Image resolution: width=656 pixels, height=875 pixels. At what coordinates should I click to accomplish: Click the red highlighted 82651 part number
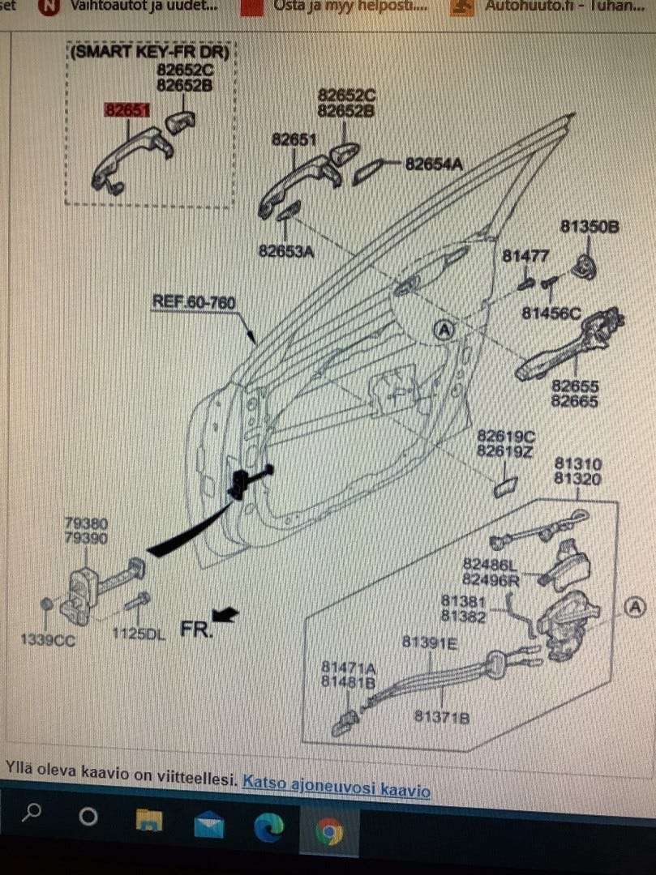tap(125, 109)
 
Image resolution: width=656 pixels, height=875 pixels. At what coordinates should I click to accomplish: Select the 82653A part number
tap(285, 251)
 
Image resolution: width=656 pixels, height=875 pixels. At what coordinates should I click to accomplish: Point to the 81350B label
tap(590, 227)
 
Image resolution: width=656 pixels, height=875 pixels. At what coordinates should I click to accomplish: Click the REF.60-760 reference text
tap(194, 303)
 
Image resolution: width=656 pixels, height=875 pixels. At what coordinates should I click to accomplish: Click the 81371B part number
tap(441, 717)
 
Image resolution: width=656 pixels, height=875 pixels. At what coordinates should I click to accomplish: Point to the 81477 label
tap(525, 256)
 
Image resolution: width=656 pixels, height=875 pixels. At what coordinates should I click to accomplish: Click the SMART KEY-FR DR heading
tap(150, 53)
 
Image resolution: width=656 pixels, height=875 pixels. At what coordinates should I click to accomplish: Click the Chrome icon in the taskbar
tap(328, 831)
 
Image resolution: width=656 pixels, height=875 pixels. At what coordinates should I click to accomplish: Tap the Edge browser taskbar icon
tap(268, 828)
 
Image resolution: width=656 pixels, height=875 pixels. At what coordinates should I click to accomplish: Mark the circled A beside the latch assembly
tap(633, 606)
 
